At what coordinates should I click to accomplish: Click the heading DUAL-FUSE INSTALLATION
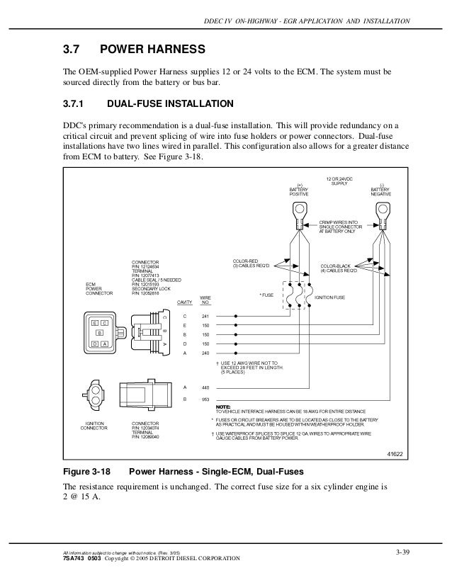165,103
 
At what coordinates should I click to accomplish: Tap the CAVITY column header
185,303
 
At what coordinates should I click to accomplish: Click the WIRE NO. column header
205,300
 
